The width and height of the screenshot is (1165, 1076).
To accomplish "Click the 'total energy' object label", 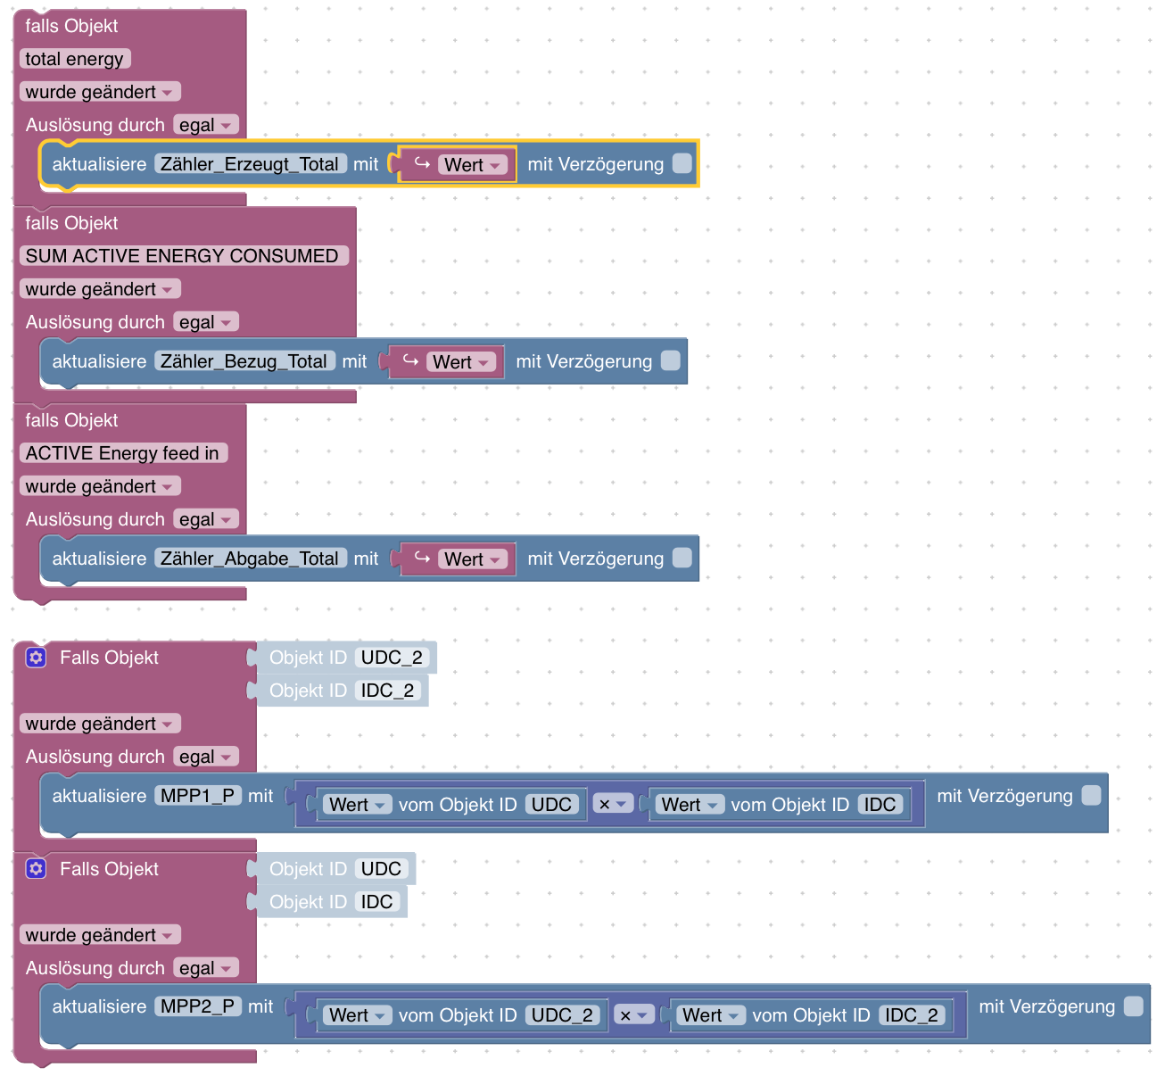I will pos(75,59).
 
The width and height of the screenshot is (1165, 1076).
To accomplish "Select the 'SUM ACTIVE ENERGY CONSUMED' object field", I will pos(182,256).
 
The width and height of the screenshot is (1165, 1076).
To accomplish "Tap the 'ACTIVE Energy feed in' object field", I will pos(122,453).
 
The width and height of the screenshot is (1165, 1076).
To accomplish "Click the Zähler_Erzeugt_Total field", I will pos(250,164).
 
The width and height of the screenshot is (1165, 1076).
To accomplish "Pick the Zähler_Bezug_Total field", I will pos(244,361).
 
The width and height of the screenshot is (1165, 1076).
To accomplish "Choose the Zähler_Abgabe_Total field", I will pos(250,559).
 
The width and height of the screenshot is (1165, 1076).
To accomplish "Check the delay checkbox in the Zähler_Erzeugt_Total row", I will pos(682,163).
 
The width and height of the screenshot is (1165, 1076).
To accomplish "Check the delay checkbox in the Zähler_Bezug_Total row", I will pos(670,360).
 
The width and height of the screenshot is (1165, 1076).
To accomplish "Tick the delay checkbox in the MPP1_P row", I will pos(1091,795).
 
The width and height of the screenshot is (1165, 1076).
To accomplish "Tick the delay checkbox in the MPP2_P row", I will pos(1133,1006).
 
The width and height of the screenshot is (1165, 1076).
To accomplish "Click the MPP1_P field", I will pos(198,796).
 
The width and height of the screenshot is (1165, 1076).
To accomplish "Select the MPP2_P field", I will pos(198,1006).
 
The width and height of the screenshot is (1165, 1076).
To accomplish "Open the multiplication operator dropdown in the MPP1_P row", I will pos(613,804).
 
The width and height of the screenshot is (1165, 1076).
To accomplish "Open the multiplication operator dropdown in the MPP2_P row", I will pos(633,1015).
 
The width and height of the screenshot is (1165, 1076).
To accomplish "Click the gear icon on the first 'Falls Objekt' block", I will pos(36,658).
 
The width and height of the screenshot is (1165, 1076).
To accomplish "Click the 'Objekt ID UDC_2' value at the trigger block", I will pos(392,658).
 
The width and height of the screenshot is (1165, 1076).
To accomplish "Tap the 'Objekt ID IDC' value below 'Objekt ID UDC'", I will pos(376,902).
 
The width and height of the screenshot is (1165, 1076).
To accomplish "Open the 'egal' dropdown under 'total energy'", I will pos(205,125).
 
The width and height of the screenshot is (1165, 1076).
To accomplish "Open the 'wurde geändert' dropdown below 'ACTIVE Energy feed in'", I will pos(99,486).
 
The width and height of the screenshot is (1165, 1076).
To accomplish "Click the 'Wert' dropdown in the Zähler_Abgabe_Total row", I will pos(473,559).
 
